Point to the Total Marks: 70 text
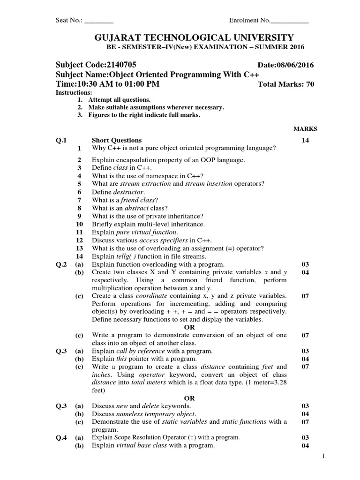pos(286,84)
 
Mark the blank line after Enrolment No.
pos(290,21)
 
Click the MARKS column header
pos(305,128)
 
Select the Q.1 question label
pos(61,140)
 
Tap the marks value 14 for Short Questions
pos(305,140)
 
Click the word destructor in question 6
pos(129,192)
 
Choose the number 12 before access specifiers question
pos(79,240)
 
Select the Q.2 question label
pos(61,264)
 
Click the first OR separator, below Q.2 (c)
pos(189,327)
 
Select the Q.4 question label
pos(61,437)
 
